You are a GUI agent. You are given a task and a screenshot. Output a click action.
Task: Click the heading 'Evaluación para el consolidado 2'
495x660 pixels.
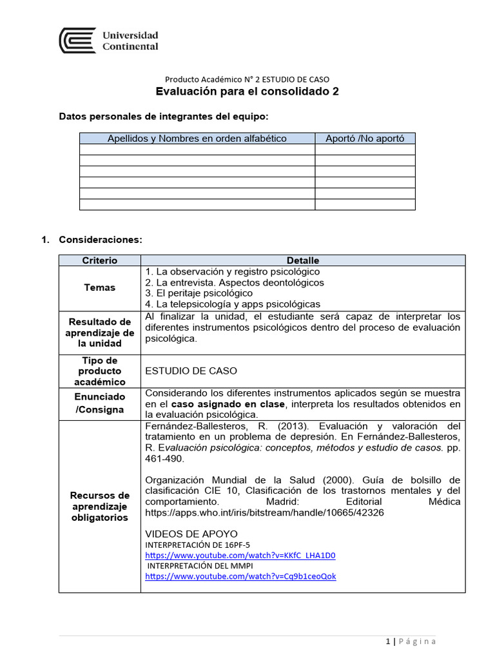point(247,92)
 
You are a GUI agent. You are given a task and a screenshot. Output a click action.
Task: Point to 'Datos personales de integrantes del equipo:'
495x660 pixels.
point(164,116)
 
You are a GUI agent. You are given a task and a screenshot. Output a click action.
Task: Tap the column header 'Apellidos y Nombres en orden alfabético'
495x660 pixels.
point(197,139)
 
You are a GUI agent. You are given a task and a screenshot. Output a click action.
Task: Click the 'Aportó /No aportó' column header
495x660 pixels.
point(365,139)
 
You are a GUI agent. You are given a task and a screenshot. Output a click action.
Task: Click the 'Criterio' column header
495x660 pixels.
point(99,260)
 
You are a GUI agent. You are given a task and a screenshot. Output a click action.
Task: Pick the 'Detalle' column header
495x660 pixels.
point(302,260)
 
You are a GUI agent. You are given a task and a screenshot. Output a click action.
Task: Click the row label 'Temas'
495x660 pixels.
point(99,287)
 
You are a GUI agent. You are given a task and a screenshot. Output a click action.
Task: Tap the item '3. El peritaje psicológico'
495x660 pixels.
point(199,293)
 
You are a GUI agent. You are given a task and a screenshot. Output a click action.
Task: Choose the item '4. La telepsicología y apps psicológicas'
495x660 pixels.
point(233,304)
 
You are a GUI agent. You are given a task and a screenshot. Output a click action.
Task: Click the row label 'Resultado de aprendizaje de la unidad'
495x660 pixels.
point(99,333)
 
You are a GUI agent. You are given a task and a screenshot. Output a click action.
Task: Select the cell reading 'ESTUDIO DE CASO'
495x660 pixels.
point(191,371)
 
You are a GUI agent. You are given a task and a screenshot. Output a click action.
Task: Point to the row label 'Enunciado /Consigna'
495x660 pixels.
point(99,403)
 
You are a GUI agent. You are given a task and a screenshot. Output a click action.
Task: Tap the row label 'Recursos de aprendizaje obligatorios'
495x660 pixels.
point(99,506)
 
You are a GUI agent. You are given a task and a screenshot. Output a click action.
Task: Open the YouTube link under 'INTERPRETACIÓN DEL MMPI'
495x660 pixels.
point(240,576)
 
